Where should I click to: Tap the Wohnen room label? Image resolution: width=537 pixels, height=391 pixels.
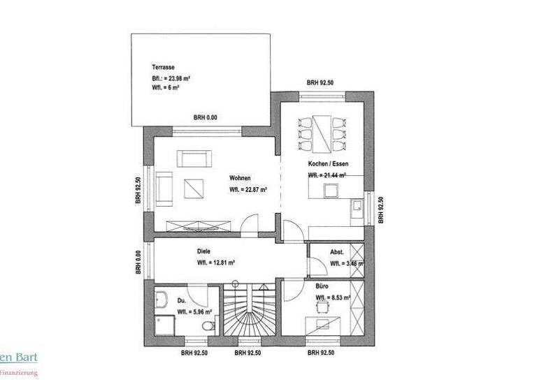point(239,177)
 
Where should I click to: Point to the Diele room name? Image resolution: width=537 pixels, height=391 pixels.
point(203,251)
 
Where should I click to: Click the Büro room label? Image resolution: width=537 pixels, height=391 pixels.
point(322,286)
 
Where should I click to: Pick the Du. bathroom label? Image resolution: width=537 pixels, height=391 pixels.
point(181,300)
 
